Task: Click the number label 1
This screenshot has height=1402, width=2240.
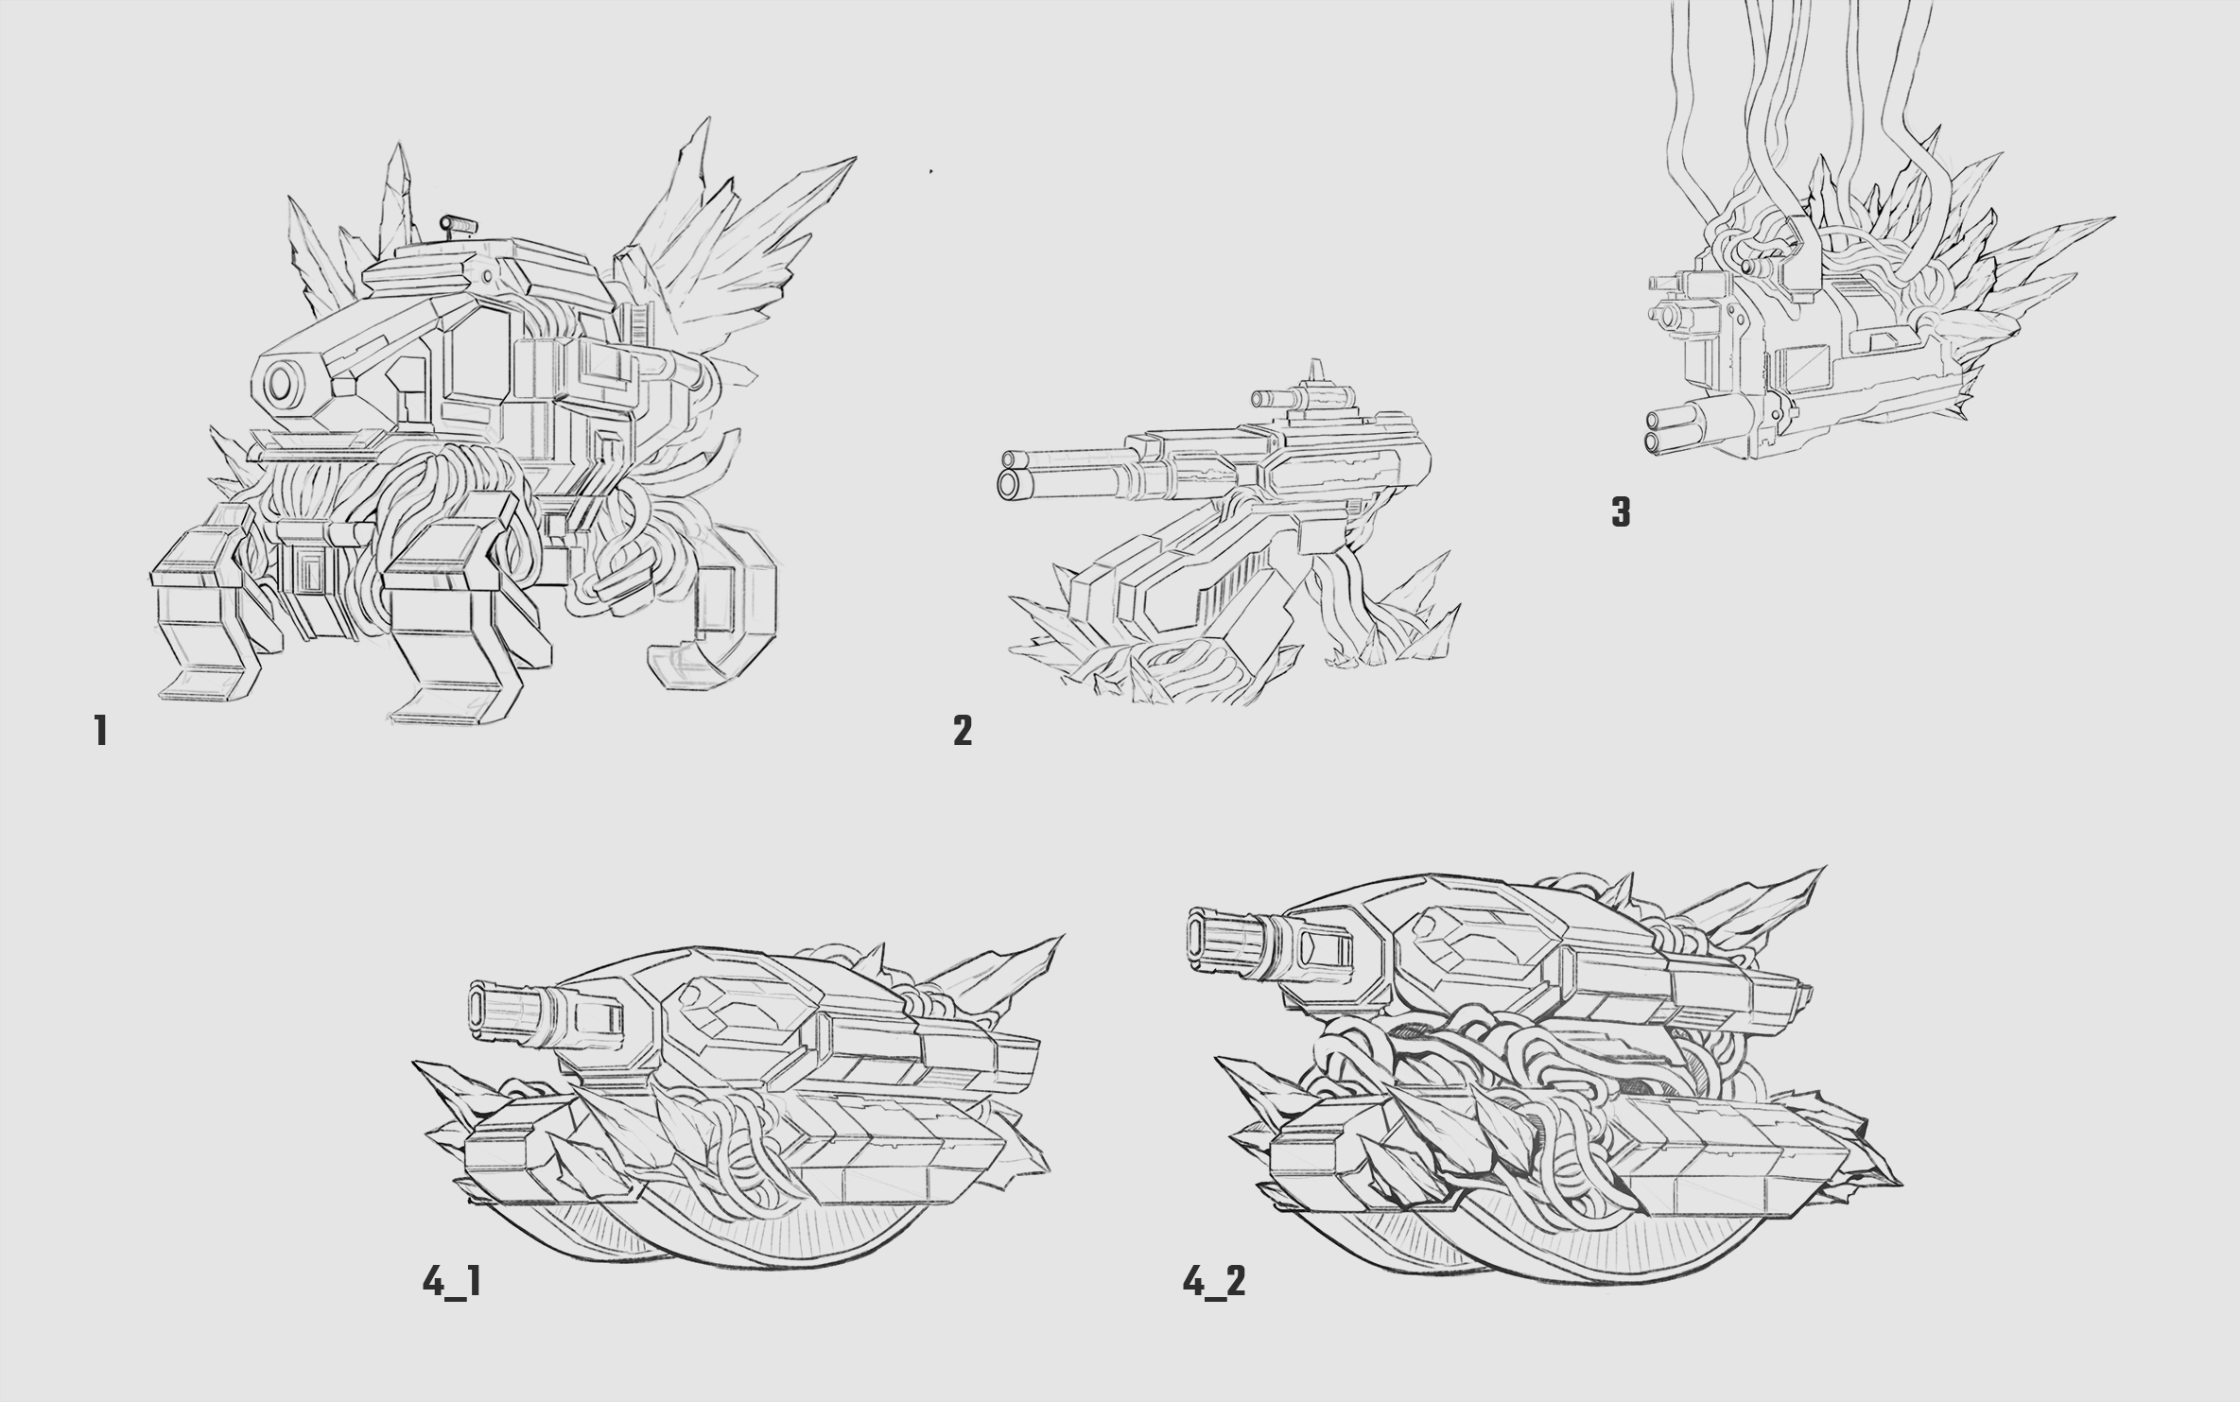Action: [100, 731]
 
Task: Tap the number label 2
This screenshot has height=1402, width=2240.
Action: [963, 731]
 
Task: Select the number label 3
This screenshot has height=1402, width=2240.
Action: [1621, 512]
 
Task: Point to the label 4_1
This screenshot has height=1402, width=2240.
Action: [451, 1283]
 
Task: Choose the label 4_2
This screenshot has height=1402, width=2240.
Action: [1214, 1283]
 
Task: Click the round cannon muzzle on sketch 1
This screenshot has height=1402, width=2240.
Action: [282, 384]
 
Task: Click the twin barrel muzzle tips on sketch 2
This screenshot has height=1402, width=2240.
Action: [1011, 473]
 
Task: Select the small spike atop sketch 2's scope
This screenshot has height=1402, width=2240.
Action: [1312, 371]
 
